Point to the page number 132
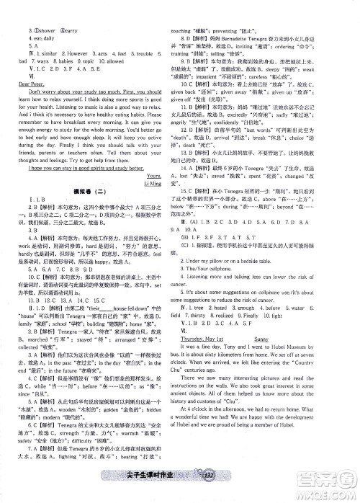click(x=210, y=493)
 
